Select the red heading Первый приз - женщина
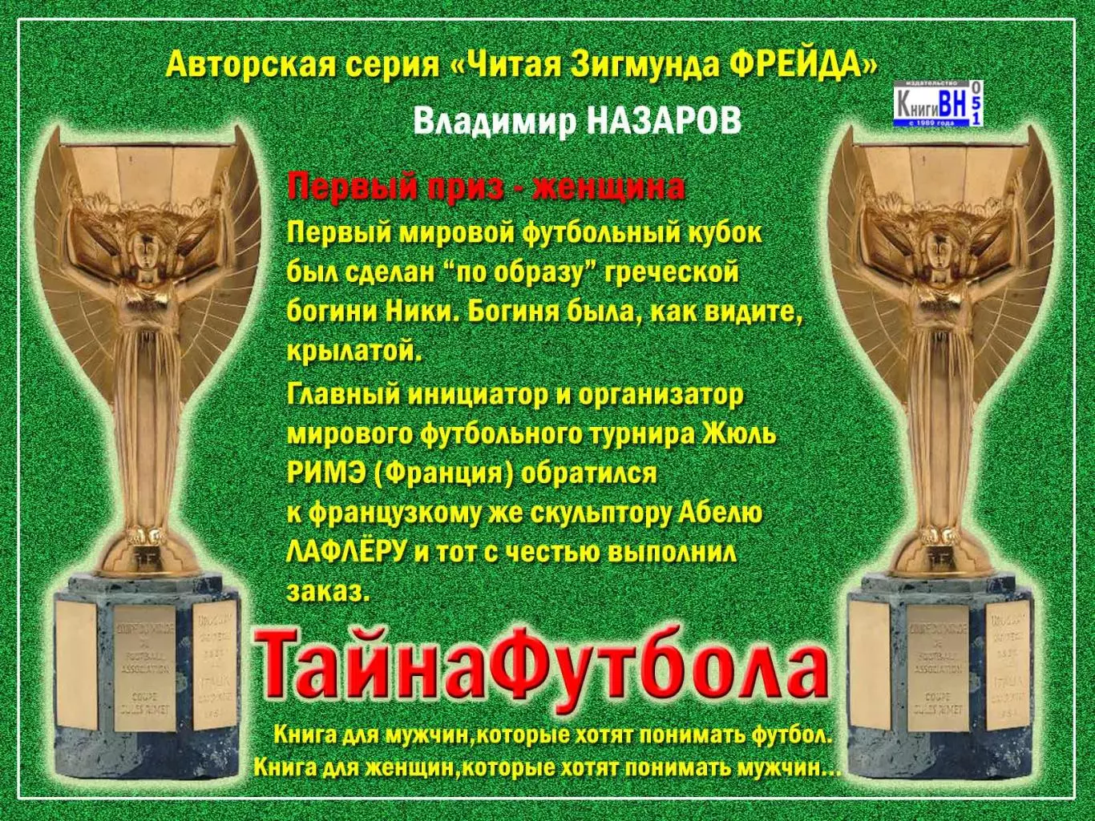tap(486, 187)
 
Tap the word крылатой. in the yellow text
tap(354, 352)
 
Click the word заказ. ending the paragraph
tap(328, 592)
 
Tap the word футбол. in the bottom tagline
tap(793, 734)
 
